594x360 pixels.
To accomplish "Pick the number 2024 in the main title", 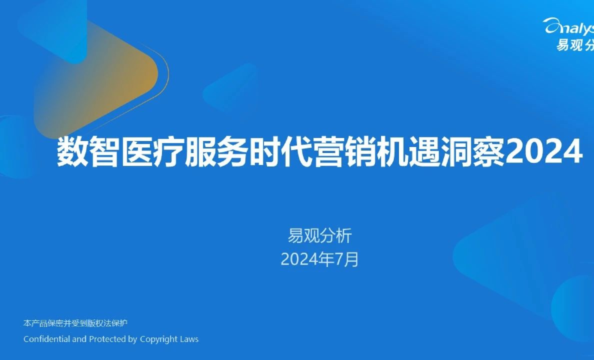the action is click(x=544, y=152).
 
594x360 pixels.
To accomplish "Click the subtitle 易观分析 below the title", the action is click(x=320, y=235).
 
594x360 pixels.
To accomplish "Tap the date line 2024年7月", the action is click(x=319, y=259).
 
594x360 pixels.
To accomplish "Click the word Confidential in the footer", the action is click(x=47, y=339).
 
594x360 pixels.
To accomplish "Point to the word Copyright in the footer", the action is click(x=158, y=339).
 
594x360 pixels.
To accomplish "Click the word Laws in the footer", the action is click(x=189, y=339).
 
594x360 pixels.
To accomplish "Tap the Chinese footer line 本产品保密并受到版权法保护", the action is click(x=75, y=323).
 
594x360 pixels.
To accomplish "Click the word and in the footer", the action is click(x=79, y=339).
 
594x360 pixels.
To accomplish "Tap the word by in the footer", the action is click(x=132, y=339).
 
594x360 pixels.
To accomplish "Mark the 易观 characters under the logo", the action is click(x=570, y=45).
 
